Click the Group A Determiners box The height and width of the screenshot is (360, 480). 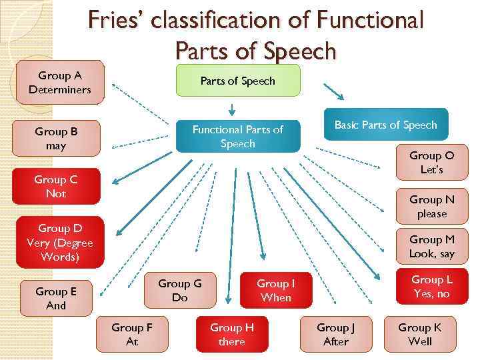click(x=60, y=83)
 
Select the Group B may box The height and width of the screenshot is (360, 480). click(x=56, y=138)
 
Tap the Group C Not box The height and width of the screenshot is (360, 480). click(x=56, y=187)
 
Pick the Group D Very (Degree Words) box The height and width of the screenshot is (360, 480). click(x=60, y=242)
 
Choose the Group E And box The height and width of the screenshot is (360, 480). click(x=56, y=298)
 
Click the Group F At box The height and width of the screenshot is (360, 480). click(x=132, y=334)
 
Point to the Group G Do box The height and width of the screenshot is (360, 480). click(x=179, y=291)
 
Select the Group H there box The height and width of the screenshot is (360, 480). click(x=232, y=334)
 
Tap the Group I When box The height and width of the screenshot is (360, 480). click(x=275, y=291)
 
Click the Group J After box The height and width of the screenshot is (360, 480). click(x=336, y=334)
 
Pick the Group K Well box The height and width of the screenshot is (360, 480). click(x=419, y=334)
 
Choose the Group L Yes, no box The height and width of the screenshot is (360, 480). click(x=431, y=287)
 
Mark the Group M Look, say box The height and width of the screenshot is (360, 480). click(x=431, y=246)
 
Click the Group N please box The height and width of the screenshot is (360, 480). click(x=431, y=206)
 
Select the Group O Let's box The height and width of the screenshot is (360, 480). click(x=431, y=163)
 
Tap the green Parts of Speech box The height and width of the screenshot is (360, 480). click(x=238, y=81)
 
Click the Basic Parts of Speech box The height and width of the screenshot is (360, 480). click(x=385, y=125)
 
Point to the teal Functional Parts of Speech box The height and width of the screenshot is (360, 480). click(x=237, y=136)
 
